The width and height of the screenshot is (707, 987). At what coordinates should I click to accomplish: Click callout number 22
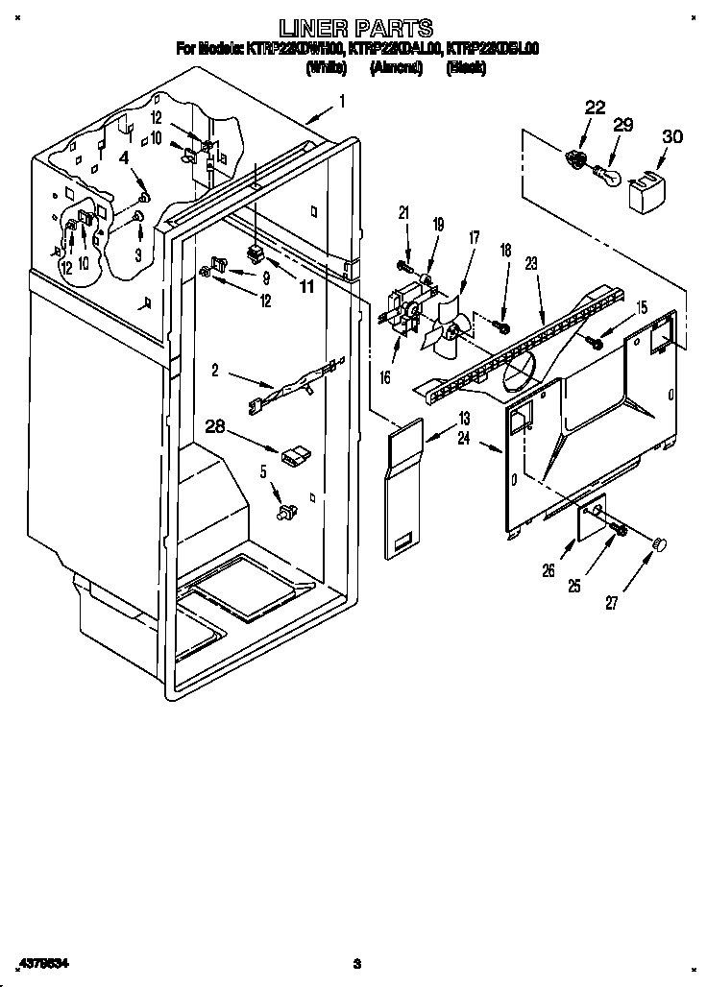(x=595, y=108)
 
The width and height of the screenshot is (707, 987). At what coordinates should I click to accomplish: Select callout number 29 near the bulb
(x=623, y=126)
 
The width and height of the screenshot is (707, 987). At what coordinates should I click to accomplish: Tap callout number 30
(x=671, y=137)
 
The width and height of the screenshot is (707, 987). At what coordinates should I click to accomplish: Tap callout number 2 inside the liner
(x=215, y=369)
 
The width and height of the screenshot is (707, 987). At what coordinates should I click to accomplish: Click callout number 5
(x=262, y=471)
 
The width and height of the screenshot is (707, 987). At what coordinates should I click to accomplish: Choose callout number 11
(x=306, y=286)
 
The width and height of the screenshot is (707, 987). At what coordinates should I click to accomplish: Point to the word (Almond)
(x=396, y=69)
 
